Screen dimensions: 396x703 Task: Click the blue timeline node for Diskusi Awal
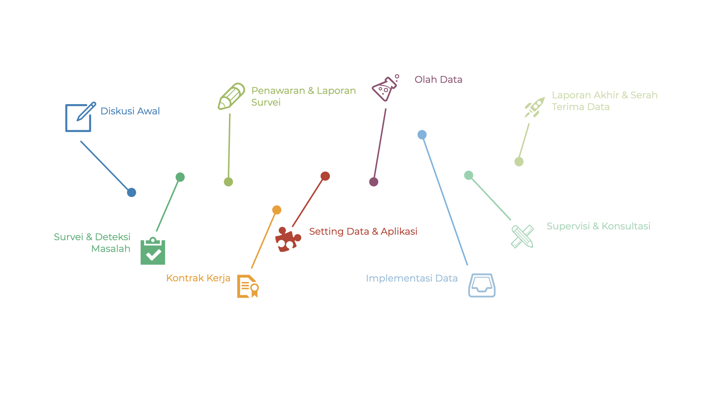coord(131,192)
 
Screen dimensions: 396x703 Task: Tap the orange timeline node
coord(276,210)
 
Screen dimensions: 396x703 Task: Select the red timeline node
coord(325,176)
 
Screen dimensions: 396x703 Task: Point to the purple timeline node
coord(373,181)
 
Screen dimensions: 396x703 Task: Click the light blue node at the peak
coord(422,135)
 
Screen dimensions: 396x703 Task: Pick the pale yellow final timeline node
coord(519,161)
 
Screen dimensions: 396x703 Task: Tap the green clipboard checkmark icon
coord(153,251)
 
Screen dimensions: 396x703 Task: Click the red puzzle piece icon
coord(288,239)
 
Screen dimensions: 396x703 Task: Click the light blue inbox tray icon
coord(481,285)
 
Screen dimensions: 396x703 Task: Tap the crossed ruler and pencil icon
coord(522,236)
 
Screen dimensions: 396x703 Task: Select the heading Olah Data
coord(438,80)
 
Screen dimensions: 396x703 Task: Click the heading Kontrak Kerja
coord(198,278)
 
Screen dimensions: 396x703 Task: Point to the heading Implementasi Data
coord(412,278)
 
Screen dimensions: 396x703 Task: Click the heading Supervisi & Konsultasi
coord(598,226)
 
